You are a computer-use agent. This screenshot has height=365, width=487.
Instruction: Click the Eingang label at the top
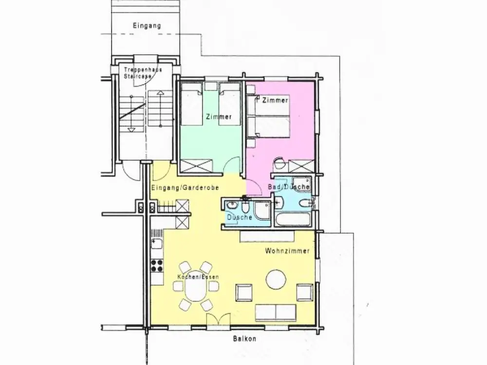pos(147,25)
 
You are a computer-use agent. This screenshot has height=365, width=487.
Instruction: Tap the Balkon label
pos(245,339)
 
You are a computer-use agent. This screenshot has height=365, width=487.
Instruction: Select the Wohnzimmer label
pos(287,251)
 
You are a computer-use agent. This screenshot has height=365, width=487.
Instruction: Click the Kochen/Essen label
pos(198,277)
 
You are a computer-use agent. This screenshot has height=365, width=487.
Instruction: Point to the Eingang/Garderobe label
pos(185,188)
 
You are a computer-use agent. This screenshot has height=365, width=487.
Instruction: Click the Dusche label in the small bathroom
pos(240,218)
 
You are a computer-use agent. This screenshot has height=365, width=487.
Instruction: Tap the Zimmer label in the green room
pos(219,117)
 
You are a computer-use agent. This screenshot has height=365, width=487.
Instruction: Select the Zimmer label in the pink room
pos(275,100)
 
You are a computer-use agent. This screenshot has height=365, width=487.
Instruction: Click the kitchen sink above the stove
pos(157,244)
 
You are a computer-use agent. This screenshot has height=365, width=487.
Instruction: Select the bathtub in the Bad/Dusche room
pos(293,219)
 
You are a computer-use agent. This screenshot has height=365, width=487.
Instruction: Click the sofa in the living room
pos(276,312)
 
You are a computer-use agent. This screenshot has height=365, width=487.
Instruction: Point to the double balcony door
pos(219,319)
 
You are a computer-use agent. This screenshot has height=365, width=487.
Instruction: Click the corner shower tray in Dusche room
pos(262,210)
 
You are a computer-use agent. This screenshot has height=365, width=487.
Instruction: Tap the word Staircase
pos(138,76)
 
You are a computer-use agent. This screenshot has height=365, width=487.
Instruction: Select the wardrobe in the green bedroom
pos(197,165)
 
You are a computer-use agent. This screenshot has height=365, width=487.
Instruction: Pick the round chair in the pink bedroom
pos(279,163)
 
